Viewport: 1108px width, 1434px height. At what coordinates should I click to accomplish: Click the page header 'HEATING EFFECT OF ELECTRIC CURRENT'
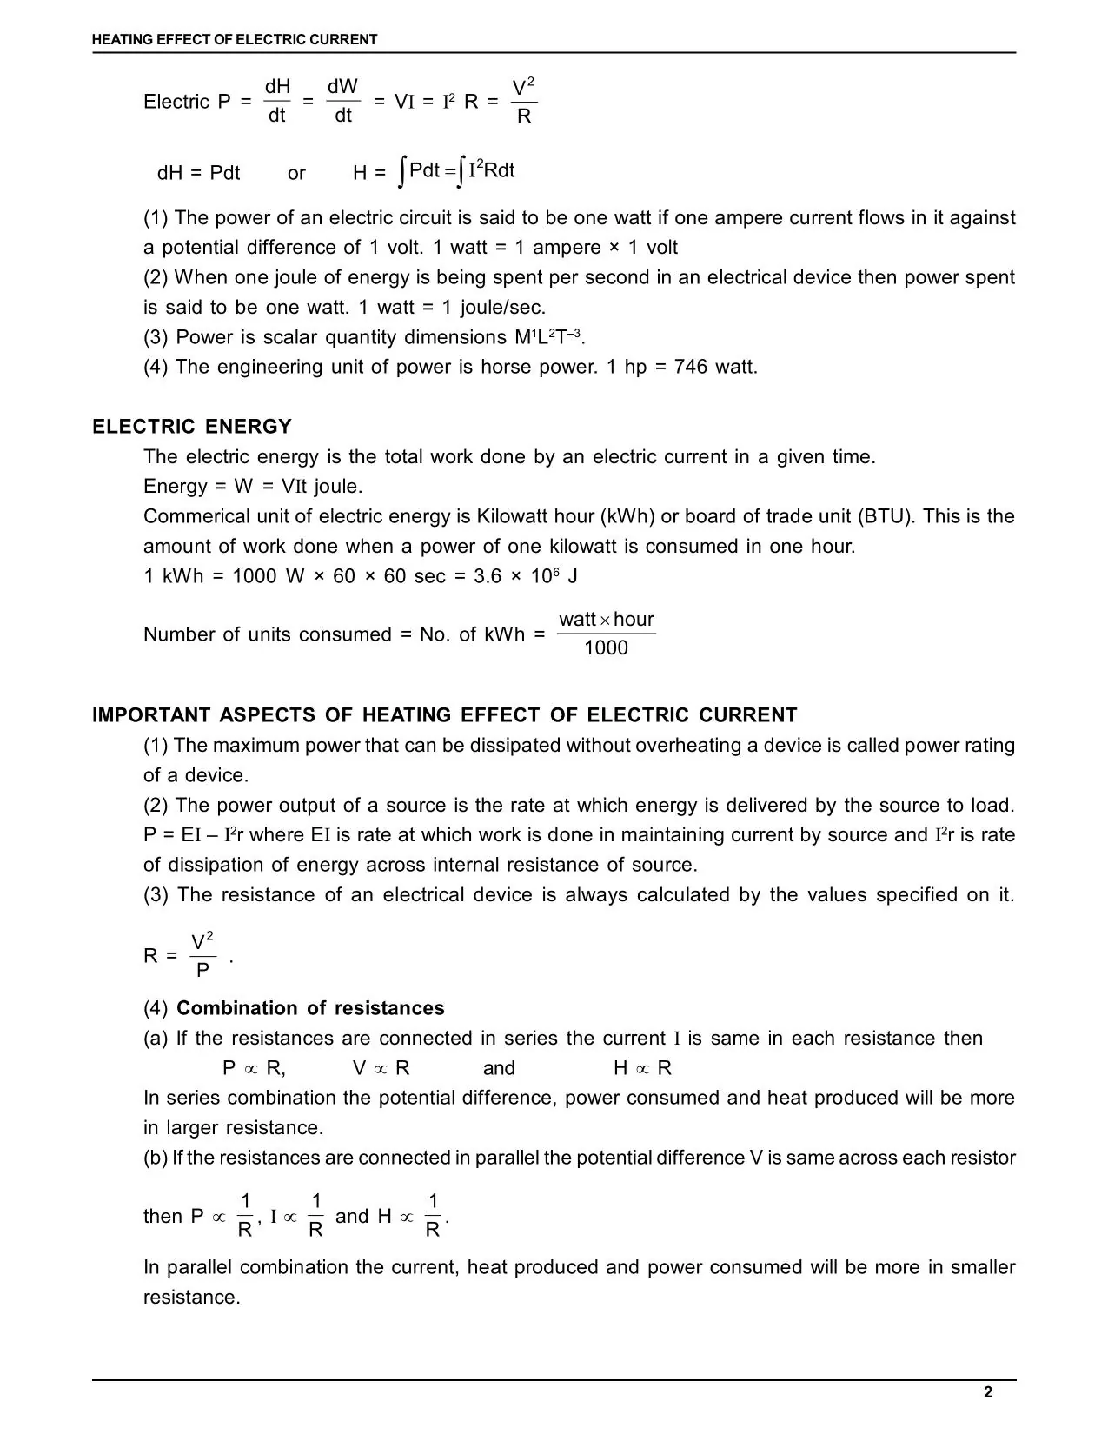click(235, 39)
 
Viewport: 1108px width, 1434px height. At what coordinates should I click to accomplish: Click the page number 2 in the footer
click(987, 1392)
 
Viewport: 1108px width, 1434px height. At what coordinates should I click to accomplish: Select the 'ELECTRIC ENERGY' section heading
click(192, 427)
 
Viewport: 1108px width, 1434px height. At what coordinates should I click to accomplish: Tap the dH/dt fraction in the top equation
click(276, 101)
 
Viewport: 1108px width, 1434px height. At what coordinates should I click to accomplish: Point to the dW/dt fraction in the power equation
click(342, 101)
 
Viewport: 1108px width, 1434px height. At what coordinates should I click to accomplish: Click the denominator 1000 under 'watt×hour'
click(606, 648)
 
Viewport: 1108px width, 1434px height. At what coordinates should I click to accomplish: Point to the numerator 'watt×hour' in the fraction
click(606, 620)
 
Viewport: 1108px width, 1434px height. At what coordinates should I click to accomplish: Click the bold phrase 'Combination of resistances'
click(310, 1008)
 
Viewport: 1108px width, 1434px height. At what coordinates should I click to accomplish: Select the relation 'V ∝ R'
click(381, 1068)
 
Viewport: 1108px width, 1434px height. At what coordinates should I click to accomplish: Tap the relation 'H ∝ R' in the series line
click(642, 1068)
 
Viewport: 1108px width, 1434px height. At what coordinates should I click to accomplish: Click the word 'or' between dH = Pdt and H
click(296, 173)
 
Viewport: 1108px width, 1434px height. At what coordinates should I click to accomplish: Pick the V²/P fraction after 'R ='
click(202, 956)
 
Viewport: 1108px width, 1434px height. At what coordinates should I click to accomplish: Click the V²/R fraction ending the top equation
click(523, 102)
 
